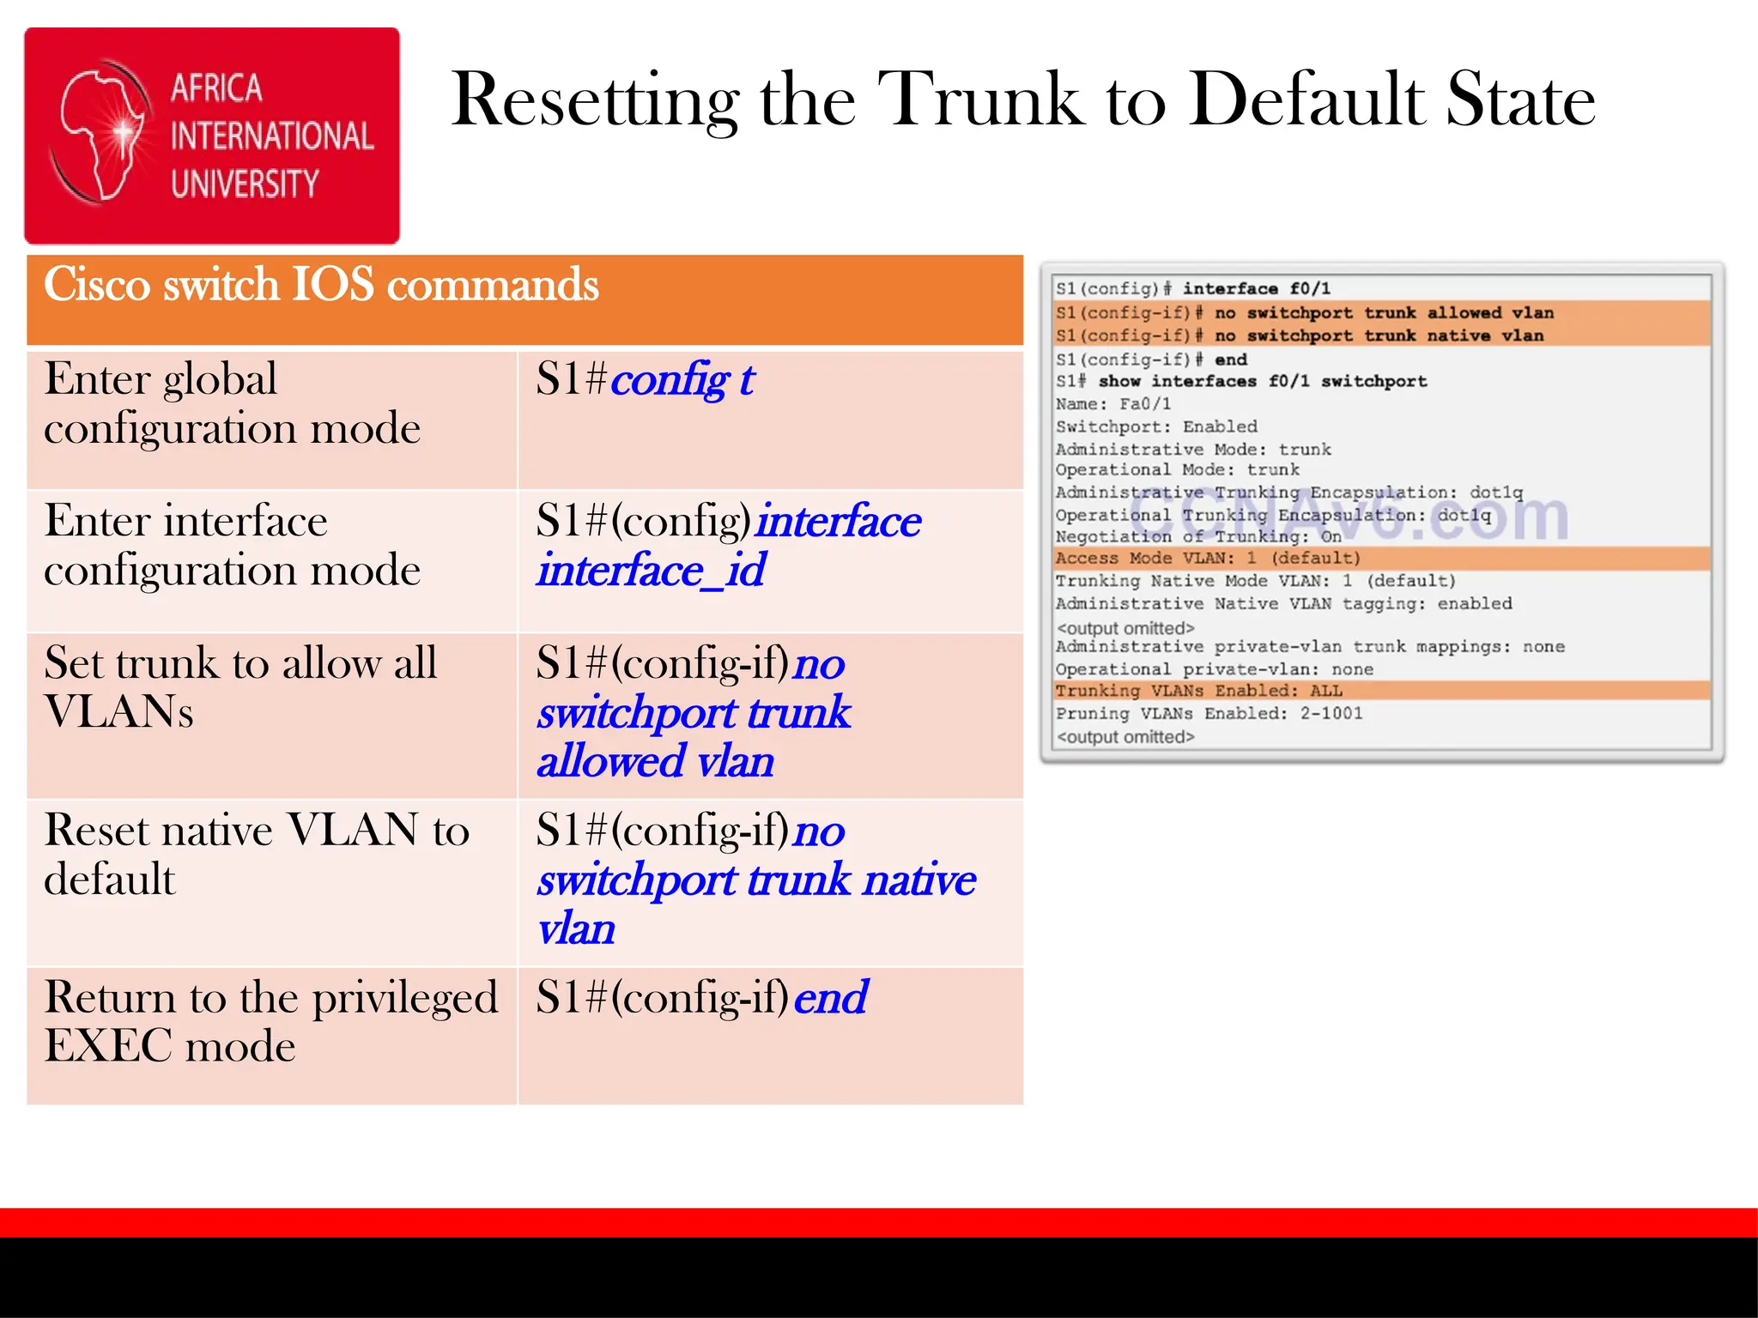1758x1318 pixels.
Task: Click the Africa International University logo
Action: tap(212, 136)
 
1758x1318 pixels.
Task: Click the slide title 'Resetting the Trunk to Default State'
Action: tap(1022, 100)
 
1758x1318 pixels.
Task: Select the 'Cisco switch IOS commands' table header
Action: tap(321, 285)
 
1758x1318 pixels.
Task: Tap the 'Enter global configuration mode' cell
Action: tap(232, 403)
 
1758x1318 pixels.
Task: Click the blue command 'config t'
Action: tap(682, 379)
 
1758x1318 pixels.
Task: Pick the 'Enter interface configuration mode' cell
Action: tap(232, 545)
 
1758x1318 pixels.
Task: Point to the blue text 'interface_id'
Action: tap(651, 571)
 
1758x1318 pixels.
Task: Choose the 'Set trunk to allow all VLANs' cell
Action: tap(240, 686)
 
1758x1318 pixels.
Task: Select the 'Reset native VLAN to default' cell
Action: tap(256, 854)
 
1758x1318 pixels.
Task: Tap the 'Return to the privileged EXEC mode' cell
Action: tap(270, 1021)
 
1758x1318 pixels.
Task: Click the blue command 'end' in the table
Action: tap(830, 997)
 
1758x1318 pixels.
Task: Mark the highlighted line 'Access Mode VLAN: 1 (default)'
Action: tap(1208, 559)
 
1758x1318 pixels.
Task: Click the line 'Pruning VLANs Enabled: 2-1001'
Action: tap(1209, 714)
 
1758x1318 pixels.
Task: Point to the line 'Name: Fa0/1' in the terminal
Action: tap(1112, 404)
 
